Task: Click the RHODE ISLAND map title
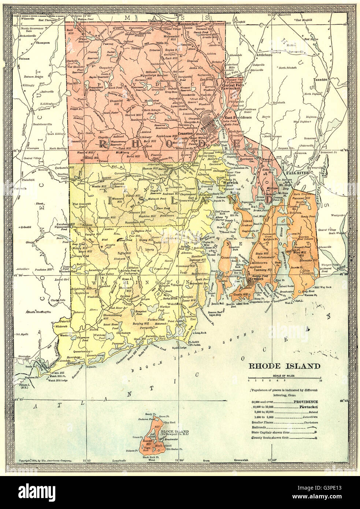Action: [280, 365]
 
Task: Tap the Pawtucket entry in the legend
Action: [308, 407]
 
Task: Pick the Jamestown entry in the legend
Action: [311, 417]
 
